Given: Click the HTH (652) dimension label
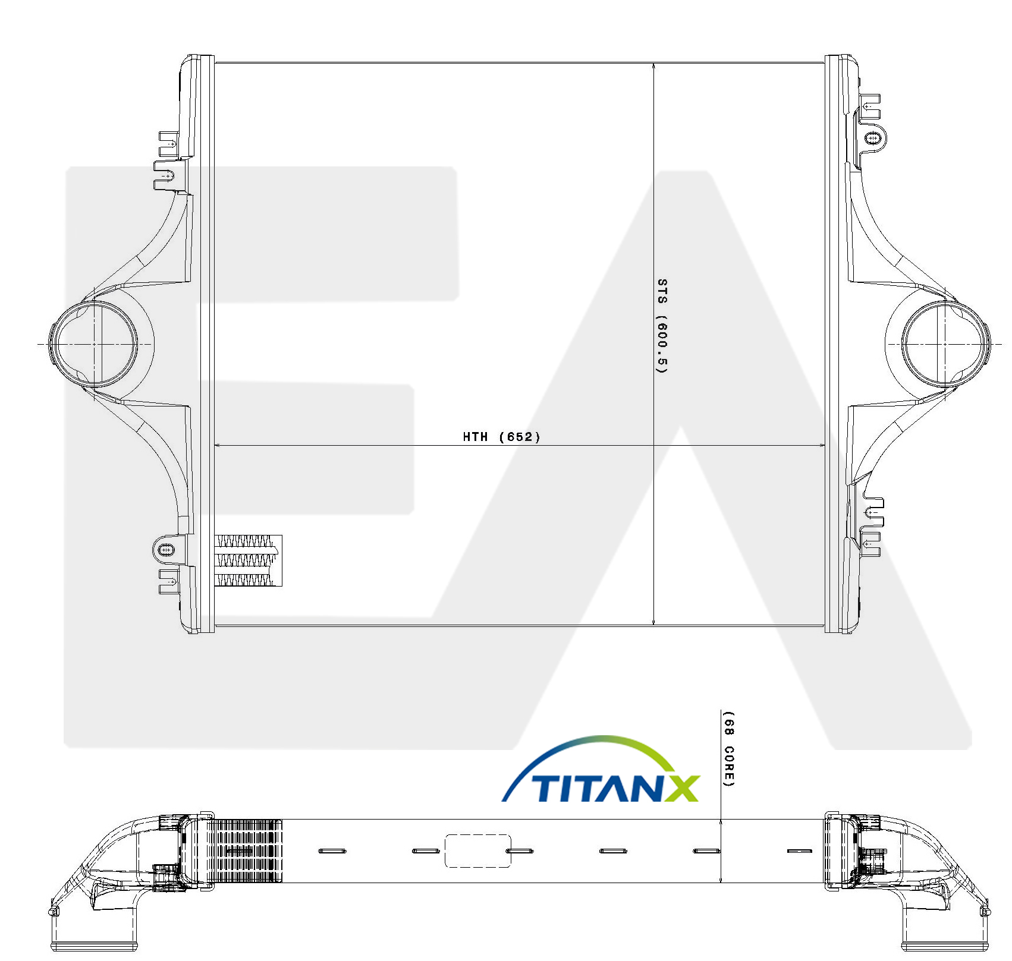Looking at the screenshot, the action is pos(501,437).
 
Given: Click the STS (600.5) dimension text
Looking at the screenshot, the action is pos(662,326).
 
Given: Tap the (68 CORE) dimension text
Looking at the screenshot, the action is pos(728,749).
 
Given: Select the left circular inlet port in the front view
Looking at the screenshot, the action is pos(93,344).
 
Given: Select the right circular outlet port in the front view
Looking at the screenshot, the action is pos(947,344).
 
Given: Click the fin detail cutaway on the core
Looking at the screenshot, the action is pos(247,560).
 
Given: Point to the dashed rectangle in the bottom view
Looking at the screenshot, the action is pos(478,850).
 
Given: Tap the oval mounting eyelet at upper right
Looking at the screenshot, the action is pos(872,138).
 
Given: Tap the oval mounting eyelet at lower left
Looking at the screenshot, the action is pos(166,550).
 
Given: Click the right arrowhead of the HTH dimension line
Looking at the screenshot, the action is pos(821,445).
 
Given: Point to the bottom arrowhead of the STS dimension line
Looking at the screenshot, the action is pos(654,621).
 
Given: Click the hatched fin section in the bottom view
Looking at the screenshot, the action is pos(246,850).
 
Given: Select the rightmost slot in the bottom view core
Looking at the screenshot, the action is pos(800,851).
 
